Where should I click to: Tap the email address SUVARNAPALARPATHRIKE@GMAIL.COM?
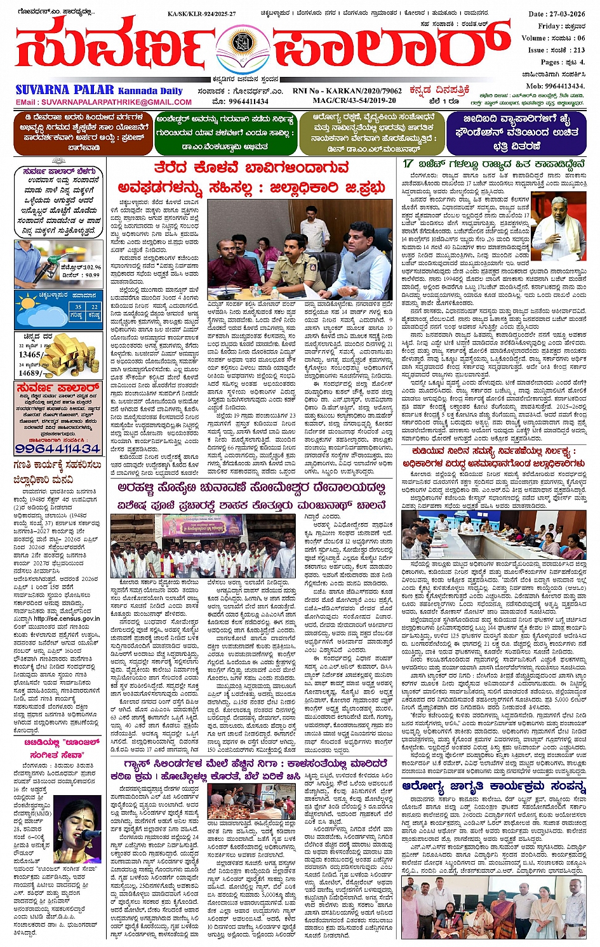(x=103, y=102)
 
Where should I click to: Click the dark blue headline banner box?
(x=516, y=133)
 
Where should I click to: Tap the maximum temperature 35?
(x=77, y=306)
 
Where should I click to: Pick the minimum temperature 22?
(x=94, y=306)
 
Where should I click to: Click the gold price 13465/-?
(x=30, y=355)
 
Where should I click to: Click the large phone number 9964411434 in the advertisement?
(x=58, y=448)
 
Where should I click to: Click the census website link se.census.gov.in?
(x=67, y=618)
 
